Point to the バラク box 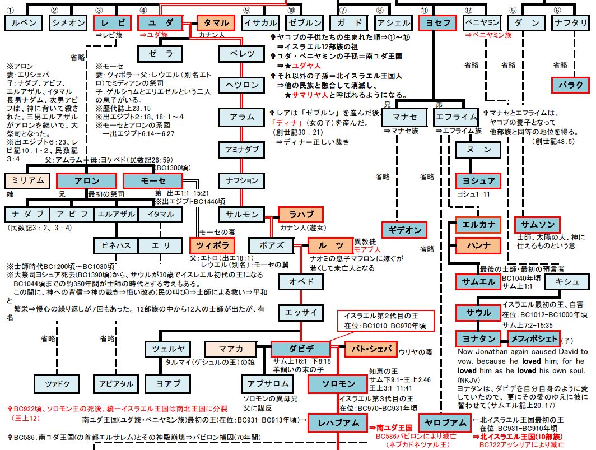click(571, 85)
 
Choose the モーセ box click(153, 181)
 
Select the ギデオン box click(404, 230)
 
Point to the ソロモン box click(339, 383)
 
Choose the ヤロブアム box click(443, 423)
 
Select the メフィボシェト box click(533, 339)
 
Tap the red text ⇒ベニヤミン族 click(488, 35)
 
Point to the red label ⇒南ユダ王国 click(387, 427)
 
